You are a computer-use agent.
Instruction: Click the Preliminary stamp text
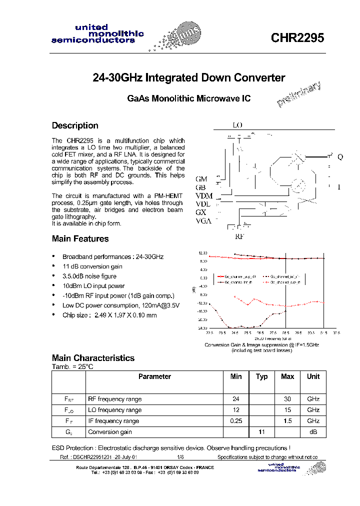pyautogui.click(x=298, y=94)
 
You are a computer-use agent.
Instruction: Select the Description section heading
pyautogui.click(x=75, y=125)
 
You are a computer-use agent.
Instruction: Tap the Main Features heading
pyautogui.click(x=80, y=238)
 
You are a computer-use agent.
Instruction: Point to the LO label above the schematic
pyautogui.click(x=237, y=125)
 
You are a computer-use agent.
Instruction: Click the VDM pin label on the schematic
pyautogui.click(x=203, y=195)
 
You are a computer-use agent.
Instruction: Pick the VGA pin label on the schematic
pyautogui.click(x=203, y=221)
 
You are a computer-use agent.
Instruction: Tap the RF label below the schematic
pyautogui.click(x=239, y=236)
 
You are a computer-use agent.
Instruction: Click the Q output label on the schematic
pyautogui.click(x=340, y=157)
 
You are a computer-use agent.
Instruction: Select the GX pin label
pyautogui.click(x=201, y=212)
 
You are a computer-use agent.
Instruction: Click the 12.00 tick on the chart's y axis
pyautogui.click(x=202, y=253)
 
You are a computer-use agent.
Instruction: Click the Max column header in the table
pyautogui.click(x=287, y=376)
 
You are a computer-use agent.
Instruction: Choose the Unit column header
pyautogui.click(x=313, y=376)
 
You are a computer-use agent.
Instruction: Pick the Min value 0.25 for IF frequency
pyautogui.click(x=236, y=421)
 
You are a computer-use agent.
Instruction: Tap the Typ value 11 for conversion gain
pyautogui.click(x=261, y=432)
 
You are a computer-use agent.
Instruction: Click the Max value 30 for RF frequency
pyautogui.click(x=287, y=399)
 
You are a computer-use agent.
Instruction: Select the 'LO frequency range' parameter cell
pyautogui.click(x=114, y=410)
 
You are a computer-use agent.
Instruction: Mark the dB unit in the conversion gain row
pyautogui.click(x=313, y=432)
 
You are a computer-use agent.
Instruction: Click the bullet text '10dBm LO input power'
pyautogui.click(x=93, y=286)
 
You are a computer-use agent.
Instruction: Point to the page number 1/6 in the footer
pyautogui.click(x=180, y=457)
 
